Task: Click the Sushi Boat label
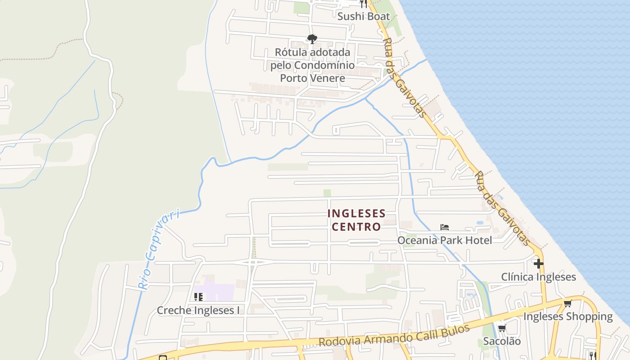(364, 17)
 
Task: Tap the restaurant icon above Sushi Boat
(364, 4)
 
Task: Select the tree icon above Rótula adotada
(312, 39)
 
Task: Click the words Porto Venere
(312, 78)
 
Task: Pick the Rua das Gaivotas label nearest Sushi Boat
(404, 77)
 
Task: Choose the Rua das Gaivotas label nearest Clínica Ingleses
(503, 208)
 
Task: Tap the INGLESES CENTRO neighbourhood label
(356, 220)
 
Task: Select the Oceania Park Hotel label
(444, 240)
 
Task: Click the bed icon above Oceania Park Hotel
(445, 227)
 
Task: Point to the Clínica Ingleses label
(538, 277)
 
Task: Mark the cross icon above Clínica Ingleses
(538, 263)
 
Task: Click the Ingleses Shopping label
(567, 316)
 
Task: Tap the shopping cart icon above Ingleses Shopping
(567, 303)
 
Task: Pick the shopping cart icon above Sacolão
(502, 328)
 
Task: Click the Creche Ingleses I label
(198, 310)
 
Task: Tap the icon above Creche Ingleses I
(198, 297)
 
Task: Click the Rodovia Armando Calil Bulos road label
(394, 336)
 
